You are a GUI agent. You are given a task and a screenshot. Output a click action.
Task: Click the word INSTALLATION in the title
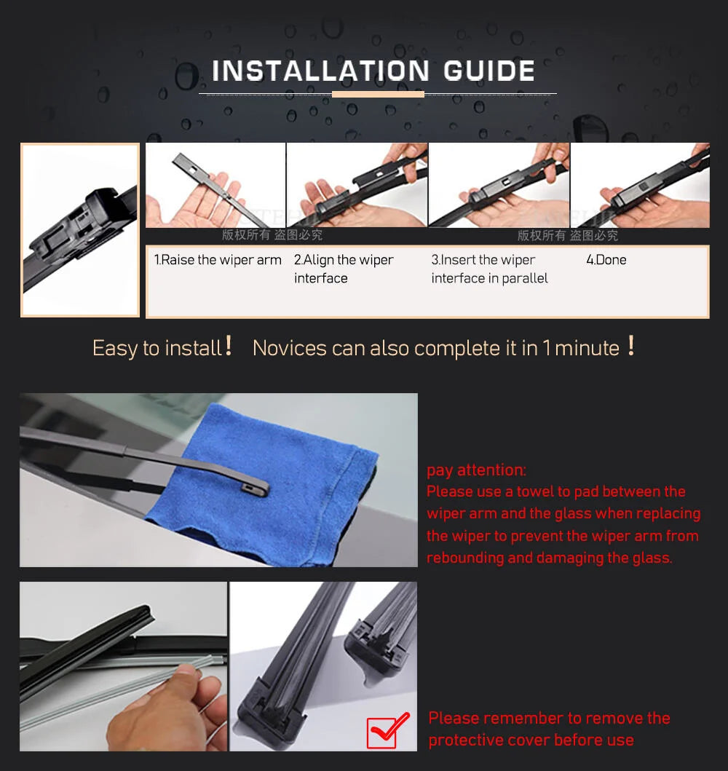(320, 71)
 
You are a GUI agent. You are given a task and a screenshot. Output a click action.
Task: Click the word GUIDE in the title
(489, 71)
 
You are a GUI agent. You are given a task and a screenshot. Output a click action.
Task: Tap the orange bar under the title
(378, 94)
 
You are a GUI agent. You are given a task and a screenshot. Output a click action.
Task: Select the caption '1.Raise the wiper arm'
(218, 260)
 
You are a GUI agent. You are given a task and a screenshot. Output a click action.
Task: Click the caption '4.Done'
(606, 260)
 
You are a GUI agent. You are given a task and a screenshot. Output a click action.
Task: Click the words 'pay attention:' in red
(476, 470)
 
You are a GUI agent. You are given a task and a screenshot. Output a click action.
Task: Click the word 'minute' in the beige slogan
(587, 348)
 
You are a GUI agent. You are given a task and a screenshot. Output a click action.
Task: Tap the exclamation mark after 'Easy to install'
(228, 345)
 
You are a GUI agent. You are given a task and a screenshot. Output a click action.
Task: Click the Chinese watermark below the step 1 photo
(272, 235)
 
